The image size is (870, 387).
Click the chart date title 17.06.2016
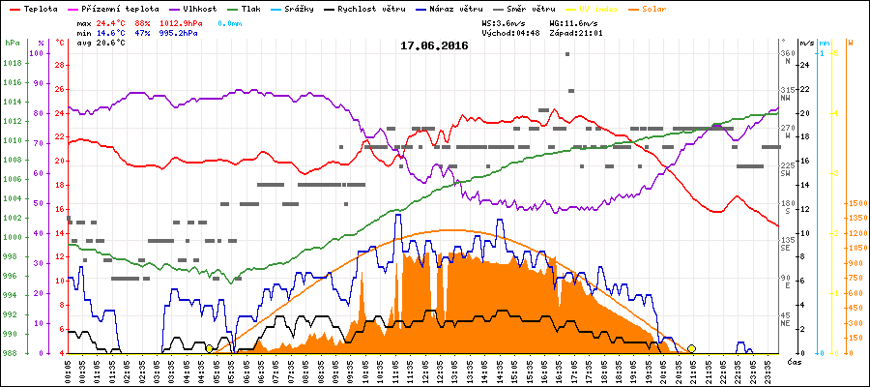[x=434, y=45]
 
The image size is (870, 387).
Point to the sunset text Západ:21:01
[x=576, y=32]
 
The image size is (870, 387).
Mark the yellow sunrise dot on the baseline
[x=209, y=348]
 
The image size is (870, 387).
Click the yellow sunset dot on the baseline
[x=691, y=348]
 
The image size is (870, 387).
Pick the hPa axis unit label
[x=12, y=44]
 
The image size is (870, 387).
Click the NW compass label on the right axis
[x=787, y=98]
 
